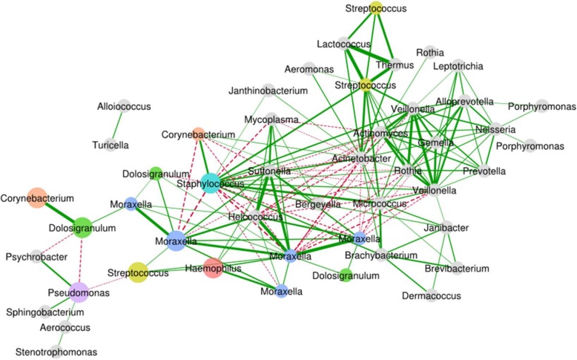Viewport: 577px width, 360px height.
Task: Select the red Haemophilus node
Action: pyautogui.click(x=213, y=268)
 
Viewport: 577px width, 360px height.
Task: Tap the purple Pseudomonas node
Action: pyautogui.click(x=79, y=292)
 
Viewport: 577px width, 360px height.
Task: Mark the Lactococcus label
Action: pyautogui.click(x=341, y=44)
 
